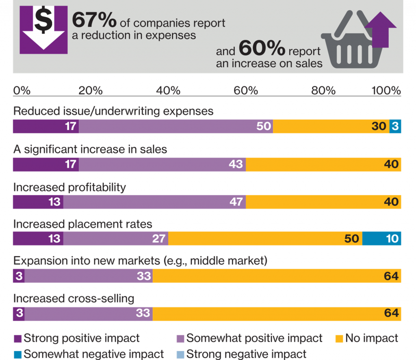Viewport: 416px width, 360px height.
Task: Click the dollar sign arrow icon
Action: pos(43,30)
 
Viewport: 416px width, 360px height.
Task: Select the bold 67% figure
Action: pos(95,20)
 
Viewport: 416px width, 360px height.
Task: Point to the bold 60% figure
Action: pos(262,49)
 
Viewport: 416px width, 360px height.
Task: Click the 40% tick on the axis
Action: pos(168,90)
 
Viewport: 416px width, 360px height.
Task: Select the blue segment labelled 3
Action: pos(395,127)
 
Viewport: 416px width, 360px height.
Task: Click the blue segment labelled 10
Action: pos(382,238)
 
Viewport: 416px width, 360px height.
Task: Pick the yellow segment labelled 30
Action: pos(331,127)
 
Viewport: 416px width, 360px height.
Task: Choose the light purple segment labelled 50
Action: pos(175,127)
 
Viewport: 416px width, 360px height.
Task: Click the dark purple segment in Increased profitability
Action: pos(38,202)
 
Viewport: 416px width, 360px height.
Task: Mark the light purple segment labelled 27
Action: pos(115,238)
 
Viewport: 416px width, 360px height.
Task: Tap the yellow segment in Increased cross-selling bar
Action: pos(277,314)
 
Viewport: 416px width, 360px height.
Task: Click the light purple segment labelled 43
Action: pos(162,164)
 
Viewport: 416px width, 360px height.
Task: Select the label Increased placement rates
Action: pos(83,224)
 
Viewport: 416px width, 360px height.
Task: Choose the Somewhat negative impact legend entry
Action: pos(89,354)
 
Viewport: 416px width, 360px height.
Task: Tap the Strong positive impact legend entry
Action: pos(77,338)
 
